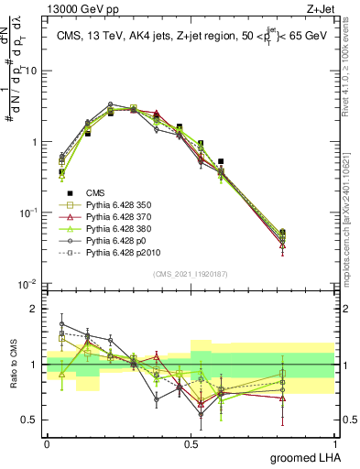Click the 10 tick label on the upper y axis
tap(31, 71)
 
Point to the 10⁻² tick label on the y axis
tap(27, 284)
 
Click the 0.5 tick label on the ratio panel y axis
tap(31, 421)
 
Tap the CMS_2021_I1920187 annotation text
tap(191, 274)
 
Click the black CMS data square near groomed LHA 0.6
tap(221, 161)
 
